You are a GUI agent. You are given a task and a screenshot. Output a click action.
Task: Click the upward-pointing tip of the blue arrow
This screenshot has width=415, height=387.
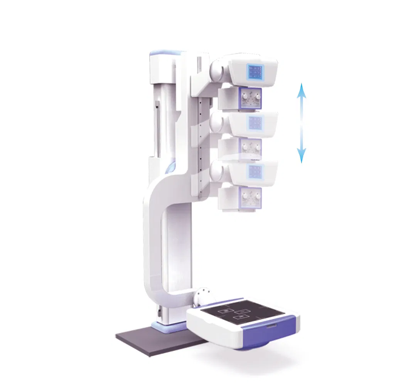pyautogui.click(x=302, y=84)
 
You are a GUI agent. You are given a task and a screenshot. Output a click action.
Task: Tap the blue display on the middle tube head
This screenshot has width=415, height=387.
pyautogui.click(x=255, y=122)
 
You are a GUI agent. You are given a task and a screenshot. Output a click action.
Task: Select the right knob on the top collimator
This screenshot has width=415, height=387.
pyautogui.click(x=256, y=98)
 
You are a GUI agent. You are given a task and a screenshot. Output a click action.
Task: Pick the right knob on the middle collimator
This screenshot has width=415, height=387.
pyautogui.click(x=256, y=148)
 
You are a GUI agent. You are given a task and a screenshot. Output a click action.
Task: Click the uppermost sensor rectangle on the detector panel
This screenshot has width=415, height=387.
pyautogui.click(x=224, y=309)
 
